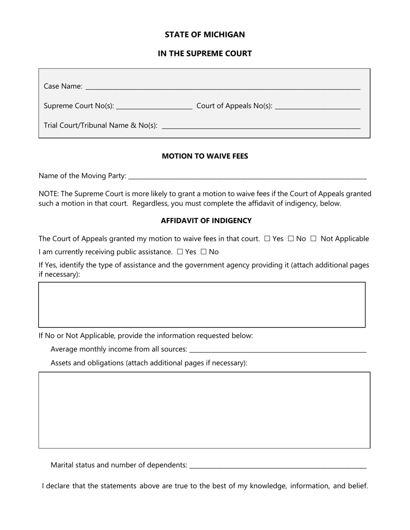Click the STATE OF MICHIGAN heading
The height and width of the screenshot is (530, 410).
[205, 34]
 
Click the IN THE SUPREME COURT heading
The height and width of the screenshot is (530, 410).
[205, 53]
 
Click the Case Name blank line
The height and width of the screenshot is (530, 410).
[223, 87]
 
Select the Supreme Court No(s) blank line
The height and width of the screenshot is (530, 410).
[154, 106]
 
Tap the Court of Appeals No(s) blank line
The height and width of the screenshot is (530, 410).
[317, 106]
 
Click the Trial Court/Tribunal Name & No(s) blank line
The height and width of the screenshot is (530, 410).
[260, 126]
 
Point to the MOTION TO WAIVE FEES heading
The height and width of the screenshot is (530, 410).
[205, 156]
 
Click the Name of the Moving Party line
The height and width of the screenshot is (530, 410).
[247, 176]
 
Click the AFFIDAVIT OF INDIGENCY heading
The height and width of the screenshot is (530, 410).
[206, 221]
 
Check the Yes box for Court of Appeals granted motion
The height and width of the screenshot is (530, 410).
[267, 239]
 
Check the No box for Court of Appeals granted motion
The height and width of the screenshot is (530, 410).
[290, 239]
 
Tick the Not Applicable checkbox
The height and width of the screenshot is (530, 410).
[313, 239]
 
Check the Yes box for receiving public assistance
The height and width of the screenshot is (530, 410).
[180, 252]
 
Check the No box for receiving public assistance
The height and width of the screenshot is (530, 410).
[203, 252]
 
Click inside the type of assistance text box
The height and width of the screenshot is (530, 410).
[202, 305]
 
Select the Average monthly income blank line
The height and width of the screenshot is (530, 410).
[278, 349]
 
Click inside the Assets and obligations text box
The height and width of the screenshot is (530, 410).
[204, 410]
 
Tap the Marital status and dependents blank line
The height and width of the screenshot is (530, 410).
[278, 465]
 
